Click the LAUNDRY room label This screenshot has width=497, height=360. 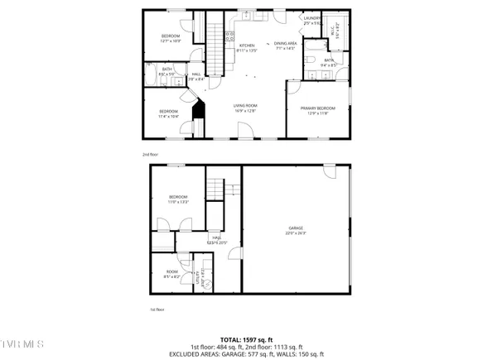click(311, 20)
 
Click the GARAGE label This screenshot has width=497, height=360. click(296, 229)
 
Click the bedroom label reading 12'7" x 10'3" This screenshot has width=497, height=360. click(171, 37)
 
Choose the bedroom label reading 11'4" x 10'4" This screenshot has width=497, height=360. click(168, 113)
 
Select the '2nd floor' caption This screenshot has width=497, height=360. click(148, 153)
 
